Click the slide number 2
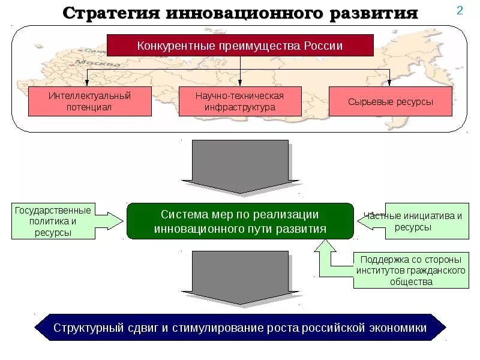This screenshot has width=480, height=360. (460, 11)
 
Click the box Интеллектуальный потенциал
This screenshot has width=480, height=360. (90, 101)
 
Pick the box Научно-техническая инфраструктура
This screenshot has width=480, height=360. (239, 101)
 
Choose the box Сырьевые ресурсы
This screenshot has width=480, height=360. (390, 101)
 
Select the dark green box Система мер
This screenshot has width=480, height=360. (240, 221)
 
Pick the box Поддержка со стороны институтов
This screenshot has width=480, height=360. (410, 271)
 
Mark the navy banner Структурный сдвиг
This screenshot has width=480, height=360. (240, 328)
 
